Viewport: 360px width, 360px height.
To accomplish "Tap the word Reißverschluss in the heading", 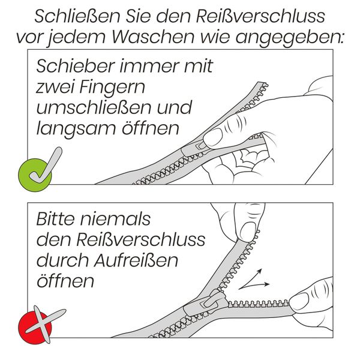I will click(x=252, y=15).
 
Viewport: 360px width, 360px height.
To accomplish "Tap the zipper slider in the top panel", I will click(x=199, y=144).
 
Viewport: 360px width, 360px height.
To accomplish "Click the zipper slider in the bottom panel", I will click(x=204, y=302).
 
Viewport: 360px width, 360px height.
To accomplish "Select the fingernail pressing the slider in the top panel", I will click(x=213, y=137).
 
